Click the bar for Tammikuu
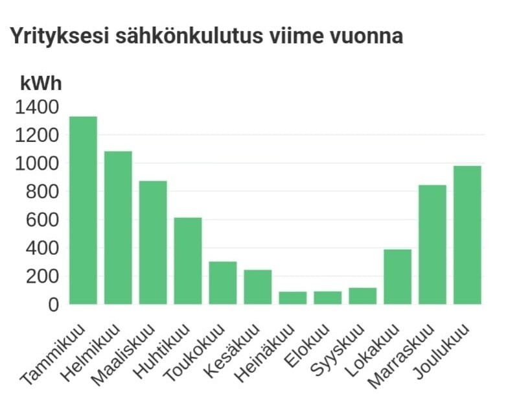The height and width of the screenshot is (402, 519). pos(83,210)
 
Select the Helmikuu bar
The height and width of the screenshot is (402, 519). pos(118,228)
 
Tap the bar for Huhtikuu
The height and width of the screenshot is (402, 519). pos(188,261)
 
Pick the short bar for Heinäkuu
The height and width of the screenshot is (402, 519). pos(293,298)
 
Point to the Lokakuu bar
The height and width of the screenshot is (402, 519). pos(397,277)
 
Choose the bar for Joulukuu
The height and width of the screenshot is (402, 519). pos(467,235)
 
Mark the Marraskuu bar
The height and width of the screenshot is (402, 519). pos(432,244)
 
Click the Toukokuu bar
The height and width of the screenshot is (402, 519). pos(223,283)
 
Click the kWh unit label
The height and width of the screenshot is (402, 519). pos(41,84)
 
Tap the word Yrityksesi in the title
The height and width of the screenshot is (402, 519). pos(60,36)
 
